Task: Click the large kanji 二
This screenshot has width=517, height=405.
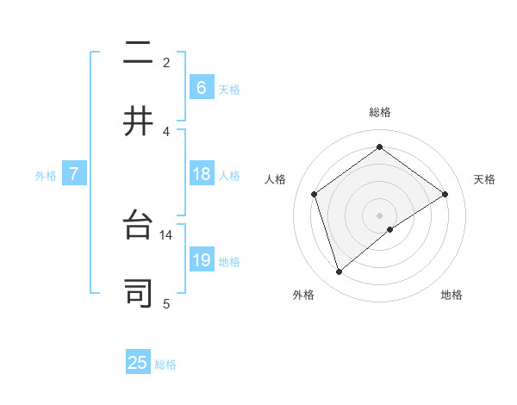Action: click(138, 55)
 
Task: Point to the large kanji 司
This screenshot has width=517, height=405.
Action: click(138, 293)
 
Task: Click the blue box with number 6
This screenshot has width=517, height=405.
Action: click(201, 88)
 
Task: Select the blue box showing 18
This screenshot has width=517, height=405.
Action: click(201, 175)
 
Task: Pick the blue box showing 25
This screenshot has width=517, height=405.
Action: click(138, 363)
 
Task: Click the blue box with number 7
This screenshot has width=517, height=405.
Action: click(75, 175)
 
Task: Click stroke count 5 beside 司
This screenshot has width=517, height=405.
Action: click(165, 302)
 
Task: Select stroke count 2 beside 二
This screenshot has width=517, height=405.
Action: click(166, 63)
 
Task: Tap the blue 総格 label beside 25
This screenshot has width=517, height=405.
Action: click(165, 364)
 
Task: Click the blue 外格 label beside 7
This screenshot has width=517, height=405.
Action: click(46, 176)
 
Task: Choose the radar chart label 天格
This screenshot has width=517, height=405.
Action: click(485, 179)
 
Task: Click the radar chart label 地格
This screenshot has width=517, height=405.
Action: click(452, 295)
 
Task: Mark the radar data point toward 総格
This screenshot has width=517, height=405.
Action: click(379, 147)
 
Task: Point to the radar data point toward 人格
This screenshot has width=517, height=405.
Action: click(315, 194)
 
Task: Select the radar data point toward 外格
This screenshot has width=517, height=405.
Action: click(339, 272)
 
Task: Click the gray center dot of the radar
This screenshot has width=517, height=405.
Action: click(379, 215)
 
